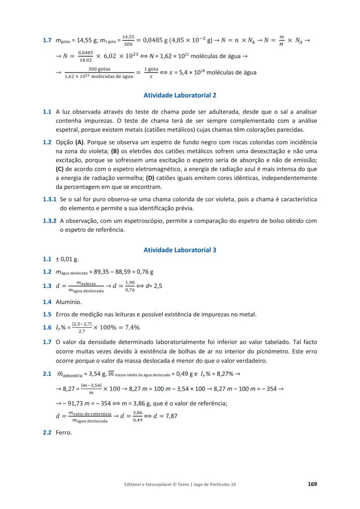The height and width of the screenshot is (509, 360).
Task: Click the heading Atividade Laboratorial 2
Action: pyautogui.click(x=180, y=95)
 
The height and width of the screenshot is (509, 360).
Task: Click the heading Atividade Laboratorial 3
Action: pyautogui.click(x=180, y=250)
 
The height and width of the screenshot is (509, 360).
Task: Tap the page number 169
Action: pyautogui.click(x=312, y=484)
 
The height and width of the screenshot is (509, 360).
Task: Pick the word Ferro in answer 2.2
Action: pyautogui.click(x=64, y=432)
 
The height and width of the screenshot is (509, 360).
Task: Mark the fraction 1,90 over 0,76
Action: pyautogui.click(x=130, y=287)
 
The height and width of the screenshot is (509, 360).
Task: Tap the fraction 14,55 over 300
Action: pyautogui.click(x=128, y=41)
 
